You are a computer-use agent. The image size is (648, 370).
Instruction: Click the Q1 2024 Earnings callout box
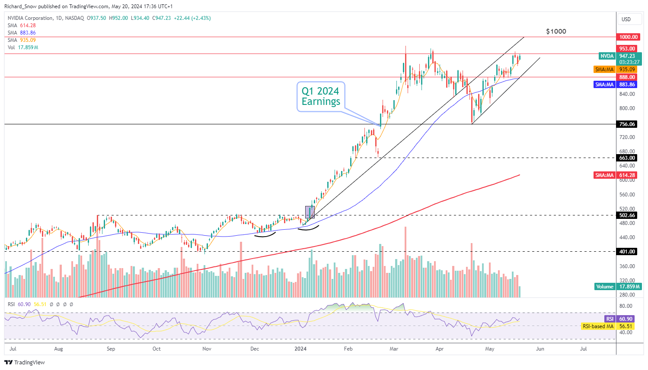coord(321,96)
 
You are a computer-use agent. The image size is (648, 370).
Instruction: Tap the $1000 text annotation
coord(556,32)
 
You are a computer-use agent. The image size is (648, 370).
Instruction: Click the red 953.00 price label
coord(627,49)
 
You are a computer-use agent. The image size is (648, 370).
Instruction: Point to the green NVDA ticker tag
coord(607,56)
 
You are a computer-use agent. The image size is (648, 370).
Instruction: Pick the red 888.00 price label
coord(627,77)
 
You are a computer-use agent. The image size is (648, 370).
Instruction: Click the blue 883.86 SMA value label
coord(627,85)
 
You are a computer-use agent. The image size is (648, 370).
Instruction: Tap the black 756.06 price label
coord(627,124)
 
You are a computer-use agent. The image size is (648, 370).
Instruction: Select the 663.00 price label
coord(627,158)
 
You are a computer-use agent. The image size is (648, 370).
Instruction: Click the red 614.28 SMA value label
coord(627,175)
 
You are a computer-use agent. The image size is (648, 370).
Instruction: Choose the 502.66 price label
coord(627,215)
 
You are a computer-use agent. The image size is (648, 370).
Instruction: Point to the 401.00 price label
coord(627,252)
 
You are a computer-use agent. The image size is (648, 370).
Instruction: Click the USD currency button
coord(626,19)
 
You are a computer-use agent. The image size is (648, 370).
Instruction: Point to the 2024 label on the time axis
coord(300,349)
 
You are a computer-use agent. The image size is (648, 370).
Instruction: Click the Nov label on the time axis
coord(207,349)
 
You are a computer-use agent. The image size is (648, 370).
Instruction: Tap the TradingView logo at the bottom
coord(25,363)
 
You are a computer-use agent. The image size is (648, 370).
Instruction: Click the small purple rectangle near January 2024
coord(310,212)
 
